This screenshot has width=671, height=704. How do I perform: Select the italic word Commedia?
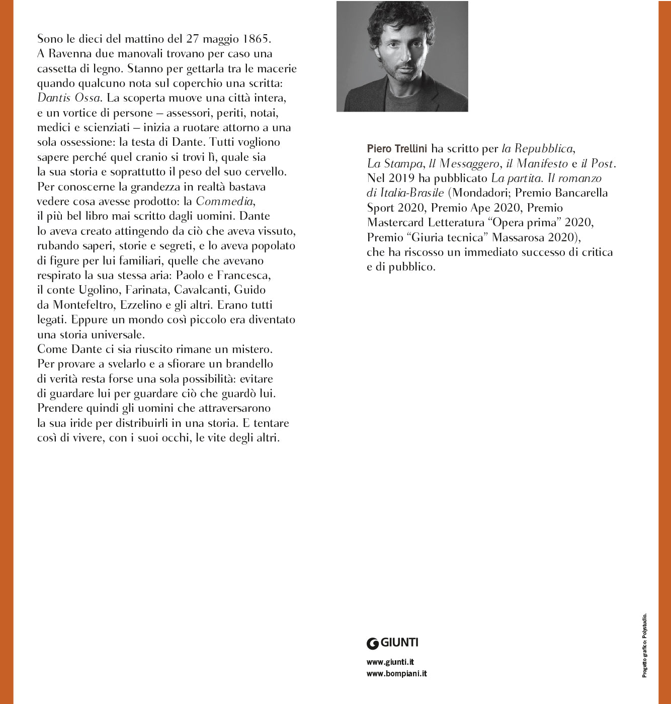click(224, 201)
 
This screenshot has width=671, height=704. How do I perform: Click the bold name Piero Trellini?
click(397, 148)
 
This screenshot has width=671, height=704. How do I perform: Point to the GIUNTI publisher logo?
click(392, 643)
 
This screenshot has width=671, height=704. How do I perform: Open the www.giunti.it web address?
click(390, 662)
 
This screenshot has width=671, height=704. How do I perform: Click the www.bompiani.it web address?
click(396, 674)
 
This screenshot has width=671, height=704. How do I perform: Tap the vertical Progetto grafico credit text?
click(644, 645)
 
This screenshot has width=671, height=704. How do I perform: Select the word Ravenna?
click(70, 54)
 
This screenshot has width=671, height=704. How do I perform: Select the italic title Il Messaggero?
click(464, 163)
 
